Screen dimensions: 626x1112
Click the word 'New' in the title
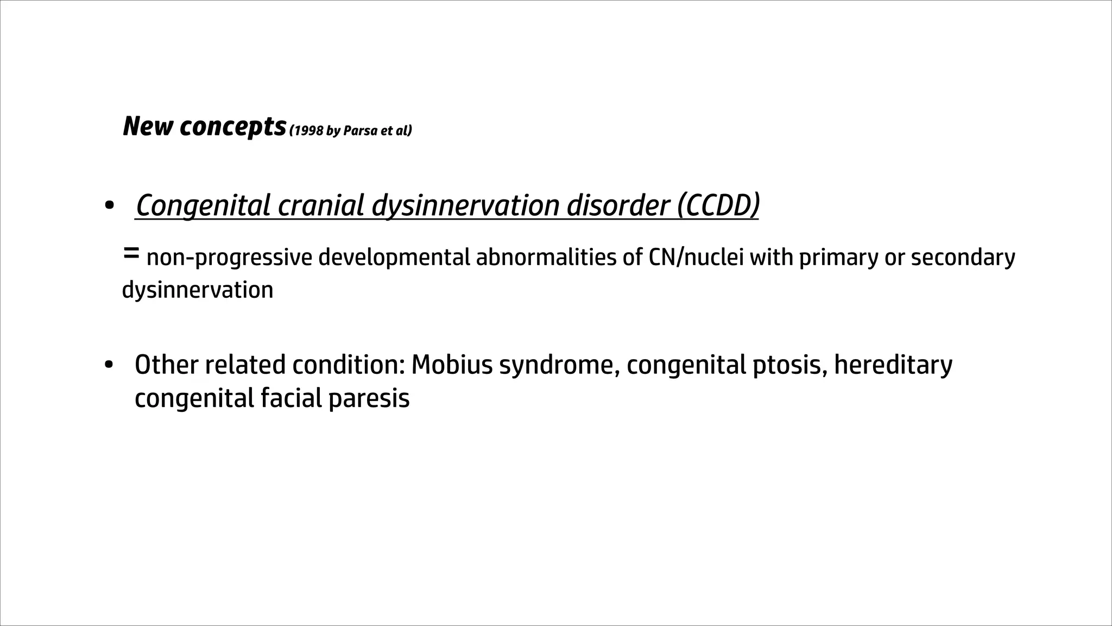click(x=148, y=127)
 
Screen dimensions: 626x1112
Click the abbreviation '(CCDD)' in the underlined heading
click(x=718, y=205)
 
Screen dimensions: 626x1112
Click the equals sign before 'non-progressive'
click(x=131, y=253)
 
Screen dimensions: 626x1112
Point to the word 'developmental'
click(x=394, y=258)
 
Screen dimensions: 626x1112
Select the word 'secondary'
click(x=963, y=258)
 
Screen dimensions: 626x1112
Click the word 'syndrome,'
click(x=560, y=366)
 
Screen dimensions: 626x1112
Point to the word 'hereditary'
click(x=893, y=365)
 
